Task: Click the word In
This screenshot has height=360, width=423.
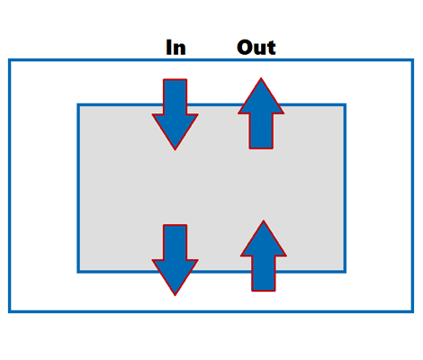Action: [176, 48]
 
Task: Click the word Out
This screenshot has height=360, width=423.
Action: [256, 48]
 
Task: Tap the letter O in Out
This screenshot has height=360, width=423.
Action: [244, 48]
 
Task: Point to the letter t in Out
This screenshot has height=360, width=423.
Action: [271, 48]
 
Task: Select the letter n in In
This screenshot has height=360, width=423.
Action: [180, 49]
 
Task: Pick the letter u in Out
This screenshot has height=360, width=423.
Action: [259, 49]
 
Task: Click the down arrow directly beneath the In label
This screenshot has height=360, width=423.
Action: [175, 114]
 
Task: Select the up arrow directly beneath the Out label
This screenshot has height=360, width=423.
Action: [261, 113]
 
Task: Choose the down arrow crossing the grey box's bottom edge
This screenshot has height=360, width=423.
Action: [175, 260]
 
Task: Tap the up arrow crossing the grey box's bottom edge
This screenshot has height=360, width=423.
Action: [264, 256]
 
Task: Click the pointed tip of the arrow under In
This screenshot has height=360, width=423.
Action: [175, 149]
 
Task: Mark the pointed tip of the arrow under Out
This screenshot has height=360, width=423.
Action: [261, 78]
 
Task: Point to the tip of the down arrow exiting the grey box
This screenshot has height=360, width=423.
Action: [175, 295]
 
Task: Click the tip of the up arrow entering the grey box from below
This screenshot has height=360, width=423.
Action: [264, 220]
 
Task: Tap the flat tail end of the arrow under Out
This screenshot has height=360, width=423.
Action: [261, 148]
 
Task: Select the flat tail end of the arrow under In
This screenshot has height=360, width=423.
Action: [175, 79]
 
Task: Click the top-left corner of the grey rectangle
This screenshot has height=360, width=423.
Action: [78, 104]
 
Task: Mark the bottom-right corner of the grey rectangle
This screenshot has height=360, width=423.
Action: [345, 272]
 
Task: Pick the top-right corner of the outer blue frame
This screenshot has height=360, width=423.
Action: [412, 60]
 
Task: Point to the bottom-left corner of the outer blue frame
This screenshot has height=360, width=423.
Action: [10, 311]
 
